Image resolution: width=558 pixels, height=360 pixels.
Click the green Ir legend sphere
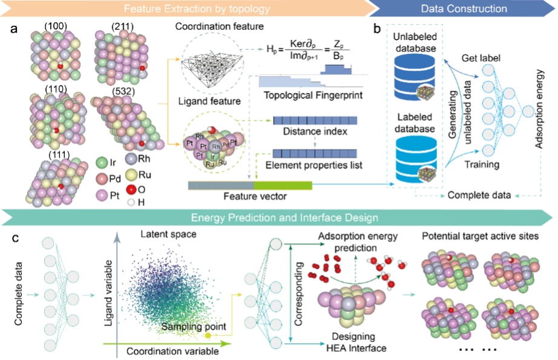pyautogui.click(x=102, y=163)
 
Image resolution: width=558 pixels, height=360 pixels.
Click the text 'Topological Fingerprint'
pyautogui.click(x=306, y=95)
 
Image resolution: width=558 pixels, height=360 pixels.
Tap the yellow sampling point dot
pyautogui.click(x=208, y=335)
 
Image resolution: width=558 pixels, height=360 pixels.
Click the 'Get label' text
pyautogui.click(x=482, y=57)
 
